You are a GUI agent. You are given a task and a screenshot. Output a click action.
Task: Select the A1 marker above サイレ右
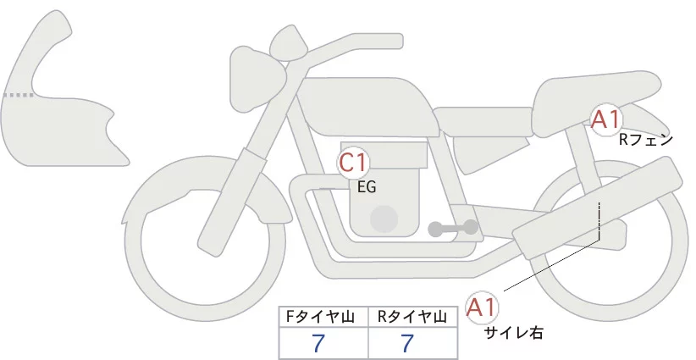pos(483,307)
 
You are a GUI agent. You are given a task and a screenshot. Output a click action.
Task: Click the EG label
pos(367,188)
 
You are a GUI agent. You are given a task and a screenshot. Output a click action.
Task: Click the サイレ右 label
pos(513,333)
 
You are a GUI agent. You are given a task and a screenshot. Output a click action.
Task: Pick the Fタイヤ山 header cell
pos(323,318)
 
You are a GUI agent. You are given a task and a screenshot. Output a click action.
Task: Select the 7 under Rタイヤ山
pos(408,344)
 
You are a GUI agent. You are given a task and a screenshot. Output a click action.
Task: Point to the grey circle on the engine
pos(385,219)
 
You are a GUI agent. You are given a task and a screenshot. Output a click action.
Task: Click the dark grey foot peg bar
pos(452,228)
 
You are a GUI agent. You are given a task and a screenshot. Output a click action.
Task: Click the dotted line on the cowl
pos(19,95)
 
